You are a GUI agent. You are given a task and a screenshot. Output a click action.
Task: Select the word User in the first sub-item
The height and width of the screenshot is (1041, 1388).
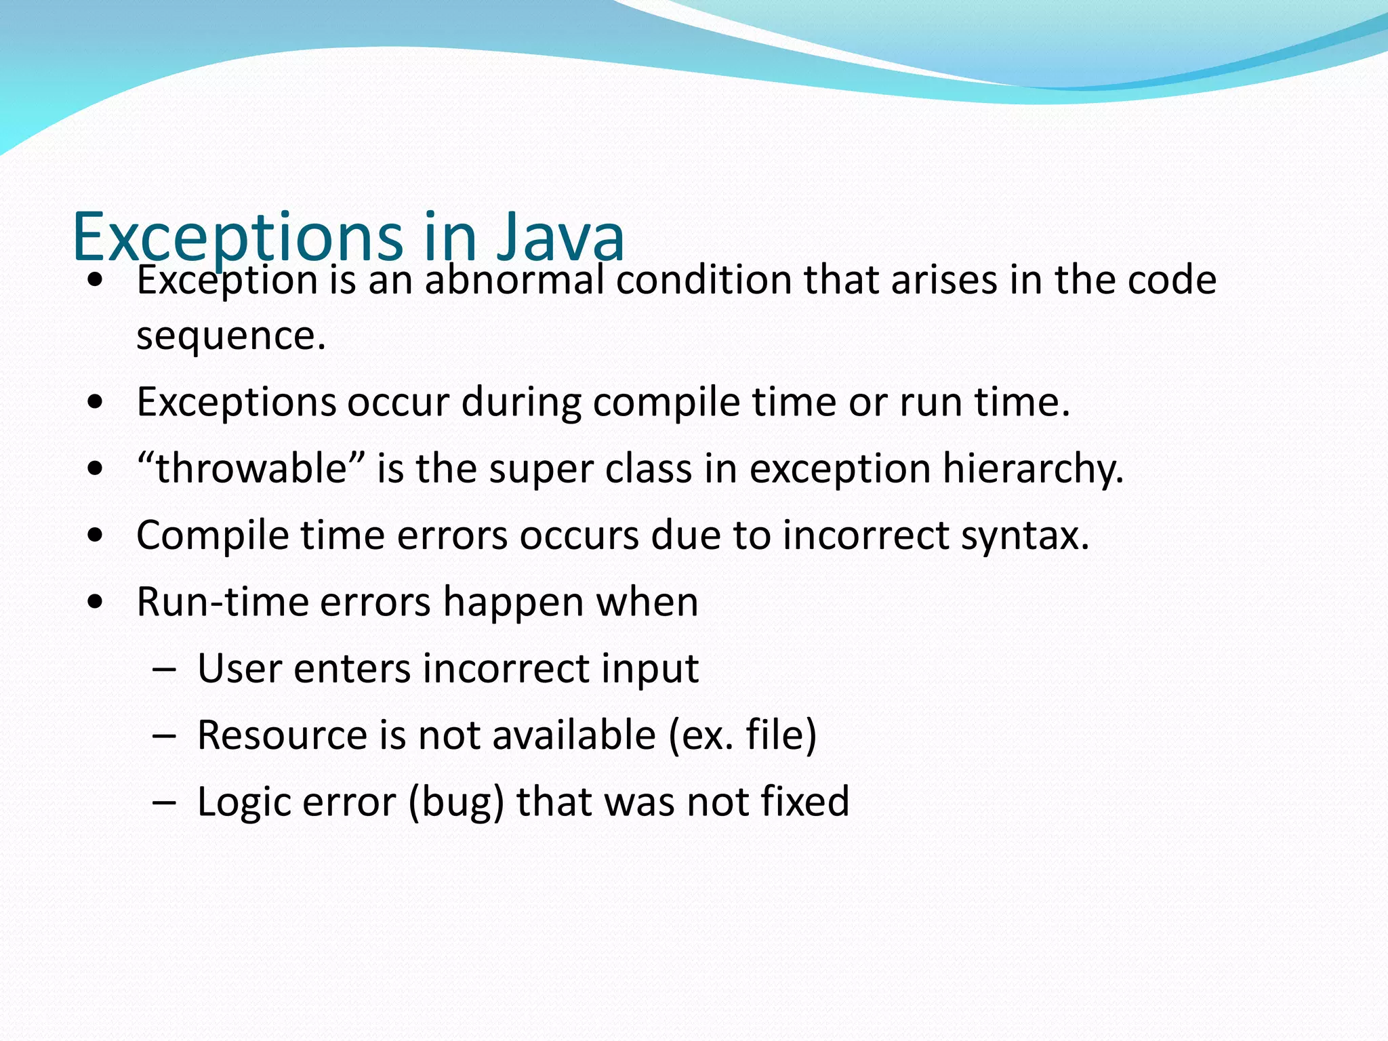coord(239,669)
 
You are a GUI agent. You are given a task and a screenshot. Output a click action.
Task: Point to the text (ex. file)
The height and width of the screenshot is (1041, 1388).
coord(742,735)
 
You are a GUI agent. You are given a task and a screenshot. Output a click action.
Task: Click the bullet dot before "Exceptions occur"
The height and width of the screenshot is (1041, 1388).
coord(96,403)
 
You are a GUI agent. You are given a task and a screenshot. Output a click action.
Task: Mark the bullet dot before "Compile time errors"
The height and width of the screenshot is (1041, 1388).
coord(96,536)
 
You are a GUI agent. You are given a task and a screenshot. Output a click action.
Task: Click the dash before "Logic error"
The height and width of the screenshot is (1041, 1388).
coord(164,802)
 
